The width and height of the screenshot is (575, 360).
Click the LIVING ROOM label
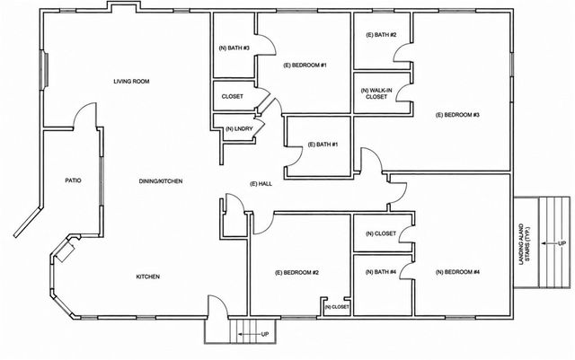pyautogui.click(x=131, y=82)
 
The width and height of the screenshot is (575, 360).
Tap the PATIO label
pyautogui.click(x=73, y=180)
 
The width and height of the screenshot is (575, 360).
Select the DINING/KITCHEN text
pyautogui.click(x=161, y=181)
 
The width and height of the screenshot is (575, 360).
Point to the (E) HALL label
pyautogui.click(x=261, y=184)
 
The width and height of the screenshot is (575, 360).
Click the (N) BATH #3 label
pyautogui.click(x=234, y=48)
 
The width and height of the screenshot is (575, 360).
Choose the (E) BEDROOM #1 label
pyautogui.click(x=305, y=66)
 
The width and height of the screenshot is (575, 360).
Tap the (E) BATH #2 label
pyautogui.click(x=381, y=35)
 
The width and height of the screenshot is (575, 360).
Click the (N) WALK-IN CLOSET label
pyautogui.click(x=376, y=93)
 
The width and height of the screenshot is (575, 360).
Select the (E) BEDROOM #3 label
pyautogui.click(x=457, y=115)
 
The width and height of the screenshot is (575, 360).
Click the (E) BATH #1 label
pyautogui.click(x=323, y=145)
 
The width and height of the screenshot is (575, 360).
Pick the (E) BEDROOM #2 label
pyautogui.click(x=296, y=273)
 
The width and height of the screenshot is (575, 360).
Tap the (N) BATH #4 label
pyautogui.click(x=381, y=272)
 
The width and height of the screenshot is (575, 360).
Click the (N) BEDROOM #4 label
pyautogui.click(x=457, y=272)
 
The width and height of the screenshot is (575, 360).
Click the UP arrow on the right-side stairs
pyautogui.click(x=549, y=243)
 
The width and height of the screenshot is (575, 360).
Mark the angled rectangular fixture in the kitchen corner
pyautogui.click(x=66, y=252)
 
